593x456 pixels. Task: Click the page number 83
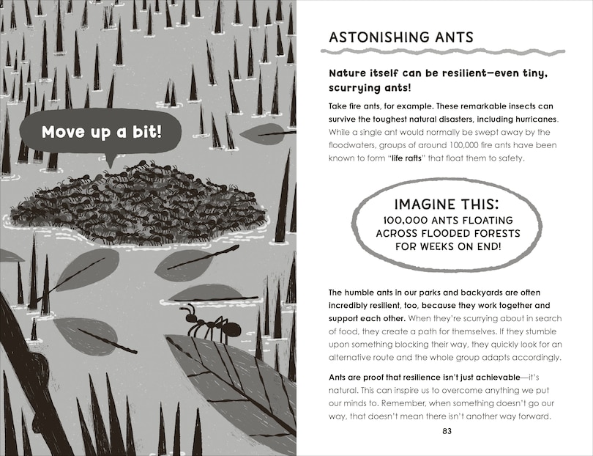(447, 430)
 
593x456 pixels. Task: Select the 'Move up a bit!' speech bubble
(101, 133)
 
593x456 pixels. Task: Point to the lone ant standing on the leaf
(209, 325)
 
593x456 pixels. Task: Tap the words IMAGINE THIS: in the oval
(447, 204)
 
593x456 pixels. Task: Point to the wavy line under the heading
(443, 53)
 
